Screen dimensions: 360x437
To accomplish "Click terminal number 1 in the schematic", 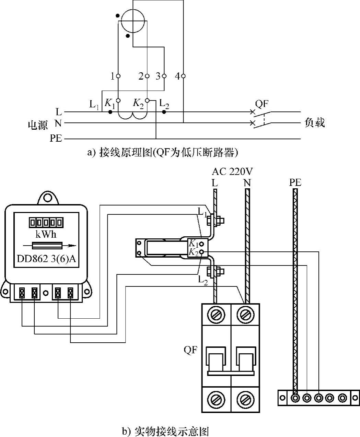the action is pyautogui.click(x=118, y=76).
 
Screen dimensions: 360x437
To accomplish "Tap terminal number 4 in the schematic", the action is pyautogui.click(x=183, y=76).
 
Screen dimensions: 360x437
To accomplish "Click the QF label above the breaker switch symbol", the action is pyautogui.click(x=262, y=104).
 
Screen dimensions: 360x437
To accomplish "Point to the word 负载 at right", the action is pyautogui.click(x=314, y=122).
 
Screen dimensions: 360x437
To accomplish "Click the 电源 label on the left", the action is pyautogui.click(x=38, y=125).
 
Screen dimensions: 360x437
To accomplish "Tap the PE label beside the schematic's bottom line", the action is pyautogui.click(x=56, y=138).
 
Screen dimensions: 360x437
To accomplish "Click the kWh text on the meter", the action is pyautogui.click(x=46, y=234).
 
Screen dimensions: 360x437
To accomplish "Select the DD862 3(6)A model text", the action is pyautogui.click(x=46, y=259).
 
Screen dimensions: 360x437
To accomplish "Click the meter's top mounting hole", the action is pyautogui.click(x=47, y=198).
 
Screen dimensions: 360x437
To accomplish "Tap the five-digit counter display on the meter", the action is pyautogui.click(x=46, y=223).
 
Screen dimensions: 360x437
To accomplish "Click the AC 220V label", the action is pyautogui.click(x=232, y=172).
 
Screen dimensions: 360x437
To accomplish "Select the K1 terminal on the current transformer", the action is pyautogui.click(x=201, y=245).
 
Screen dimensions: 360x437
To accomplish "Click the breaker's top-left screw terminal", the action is pyautogui.click(x=216, y=315).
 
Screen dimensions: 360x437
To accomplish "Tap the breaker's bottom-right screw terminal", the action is pyautogui.click(x=245, y=399).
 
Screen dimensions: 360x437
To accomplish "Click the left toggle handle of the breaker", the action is pyautogui.click(x=216, y=359).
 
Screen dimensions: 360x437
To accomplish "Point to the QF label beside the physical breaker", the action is pyautogui.click(x=190, y=350).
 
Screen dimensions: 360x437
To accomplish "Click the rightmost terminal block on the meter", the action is pyautogui.click(x=70, y=293).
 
